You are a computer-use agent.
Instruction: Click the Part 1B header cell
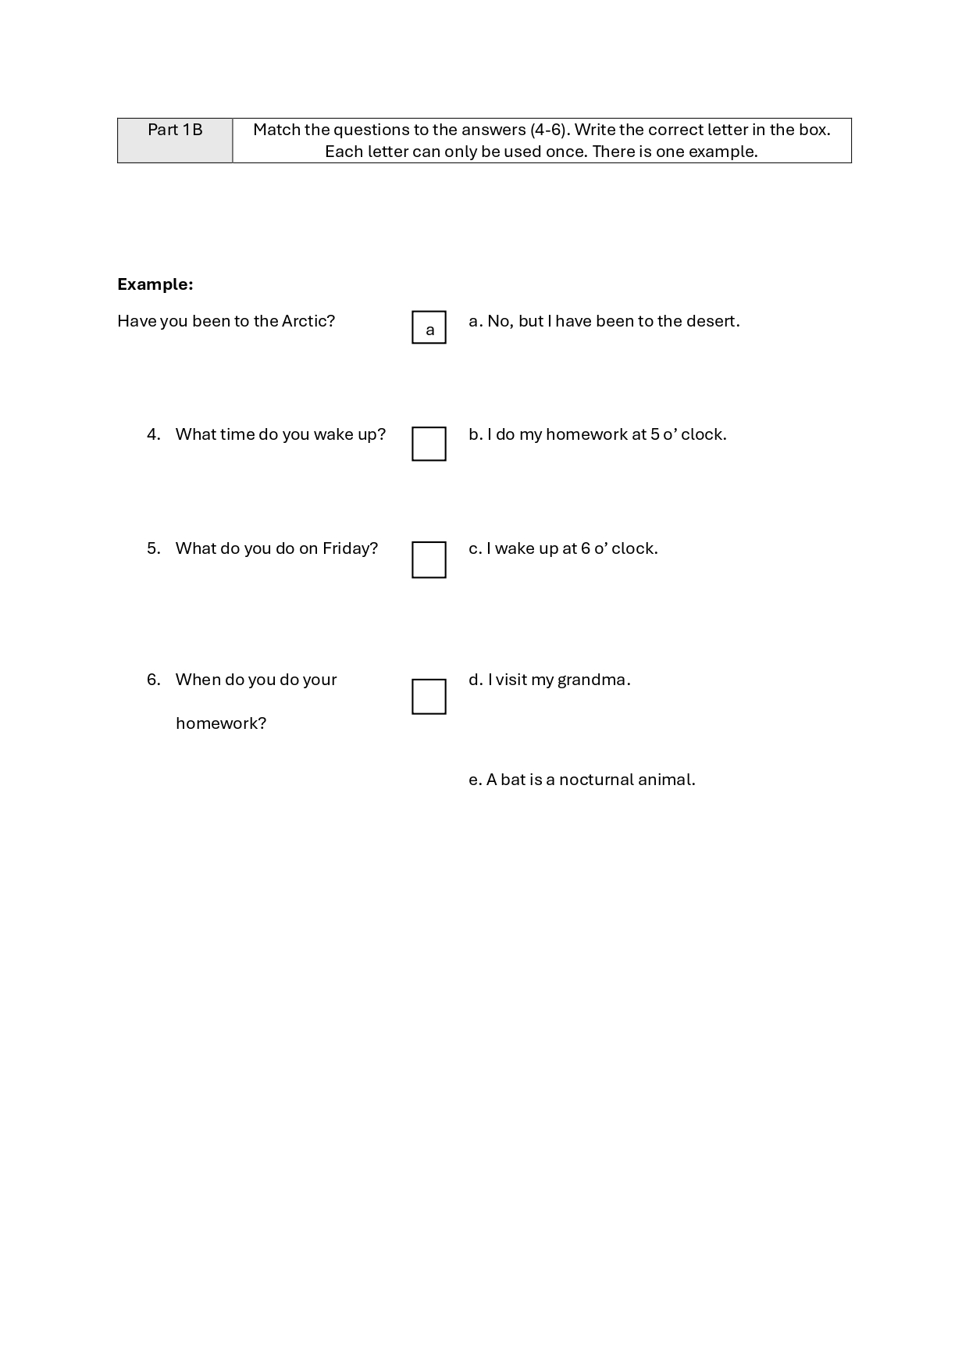(x=175, y=140)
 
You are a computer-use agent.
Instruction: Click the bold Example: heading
(x=155, y=284)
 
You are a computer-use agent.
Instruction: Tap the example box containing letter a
(x=429, y=327)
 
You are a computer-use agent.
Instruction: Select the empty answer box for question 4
(x=429, y=444)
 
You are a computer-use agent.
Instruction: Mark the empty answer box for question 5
(x=429, y=559)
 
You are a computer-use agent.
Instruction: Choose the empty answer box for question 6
(x=429, y=696)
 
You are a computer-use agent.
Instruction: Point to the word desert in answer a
(x=711, y=321)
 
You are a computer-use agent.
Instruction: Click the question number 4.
(x=153, y=434)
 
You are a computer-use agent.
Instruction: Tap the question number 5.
(x=153, y=548)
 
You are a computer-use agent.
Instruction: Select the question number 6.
(x=153, y=680)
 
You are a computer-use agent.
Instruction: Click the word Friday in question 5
(x=350, y=548)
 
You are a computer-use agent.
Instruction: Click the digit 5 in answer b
(x=654, y=434)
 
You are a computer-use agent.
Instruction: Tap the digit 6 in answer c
(x=586, y=548)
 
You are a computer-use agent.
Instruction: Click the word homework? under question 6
(x=221, y=723)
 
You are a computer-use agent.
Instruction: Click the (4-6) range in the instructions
(x=549, y=130)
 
